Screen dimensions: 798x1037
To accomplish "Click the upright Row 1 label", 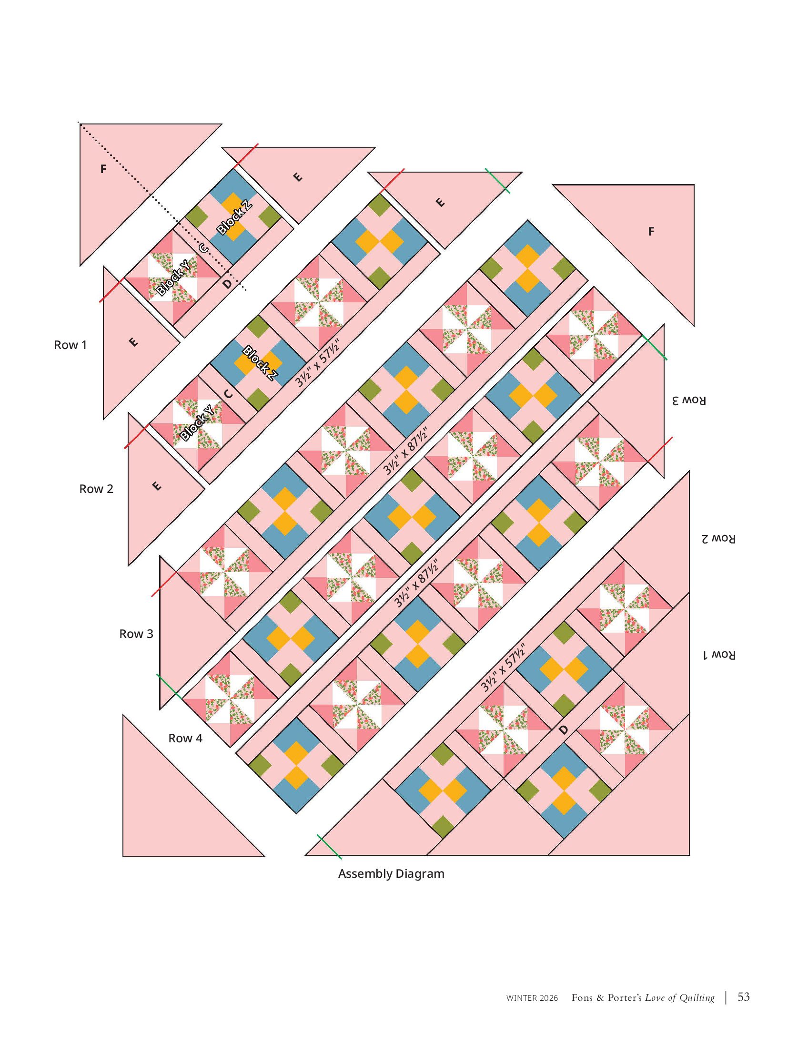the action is (x=71, y=345).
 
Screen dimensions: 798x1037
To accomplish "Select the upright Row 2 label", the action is (x=96, y=489).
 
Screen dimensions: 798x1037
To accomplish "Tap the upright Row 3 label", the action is (x=136, y=634).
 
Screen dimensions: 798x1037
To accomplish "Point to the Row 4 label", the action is (x=185, y=738).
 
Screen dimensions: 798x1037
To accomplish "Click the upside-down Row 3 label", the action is (x=689, y=400).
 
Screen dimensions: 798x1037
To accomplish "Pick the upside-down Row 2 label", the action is (x=718, y=538).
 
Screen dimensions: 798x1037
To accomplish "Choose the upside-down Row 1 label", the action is (x=719, y=655).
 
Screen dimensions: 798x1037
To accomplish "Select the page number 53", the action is (x=744, y=996).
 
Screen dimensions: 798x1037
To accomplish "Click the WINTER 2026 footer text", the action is (x=532, y=998).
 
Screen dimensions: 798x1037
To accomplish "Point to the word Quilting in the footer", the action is (x=697, y=997).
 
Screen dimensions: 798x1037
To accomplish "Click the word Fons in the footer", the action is (x=582, y=997).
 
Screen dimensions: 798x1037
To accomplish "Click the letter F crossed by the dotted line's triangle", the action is (x=103, y=169).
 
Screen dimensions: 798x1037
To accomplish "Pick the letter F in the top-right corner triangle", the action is (x=651, y=232).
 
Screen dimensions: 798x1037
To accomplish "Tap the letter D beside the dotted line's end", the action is (x=228, y=284).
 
